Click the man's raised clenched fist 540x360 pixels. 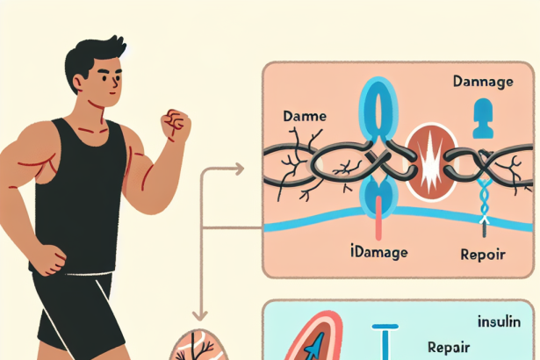pos(176,125)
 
